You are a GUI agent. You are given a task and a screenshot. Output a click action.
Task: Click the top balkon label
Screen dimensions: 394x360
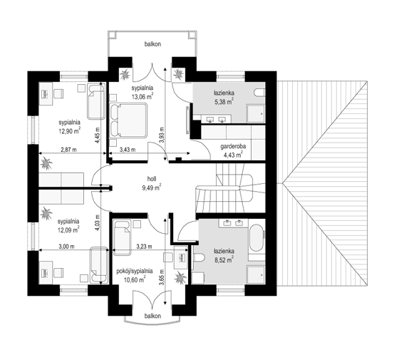click(152, 44)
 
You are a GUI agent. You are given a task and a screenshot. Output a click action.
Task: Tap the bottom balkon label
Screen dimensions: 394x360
click(152, 316)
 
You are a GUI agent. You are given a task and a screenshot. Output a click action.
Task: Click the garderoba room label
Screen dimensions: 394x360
click(233, 146)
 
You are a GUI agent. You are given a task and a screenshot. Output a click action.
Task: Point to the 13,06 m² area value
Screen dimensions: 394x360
click(142, 97)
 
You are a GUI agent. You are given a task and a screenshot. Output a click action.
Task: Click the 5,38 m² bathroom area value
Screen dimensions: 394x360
click(224, 101)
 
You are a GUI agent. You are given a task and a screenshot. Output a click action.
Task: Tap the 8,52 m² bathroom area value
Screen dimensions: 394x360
click(224, 260)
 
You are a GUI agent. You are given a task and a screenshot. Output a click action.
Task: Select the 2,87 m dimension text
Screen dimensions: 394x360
click(68, 150)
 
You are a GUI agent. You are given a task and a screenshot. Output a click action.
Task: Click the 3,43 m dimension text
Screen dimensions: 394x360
click(128, 150)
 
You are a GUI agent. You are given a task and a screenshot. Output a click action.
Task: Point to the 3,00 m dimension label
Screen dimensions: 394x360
click(66, 247)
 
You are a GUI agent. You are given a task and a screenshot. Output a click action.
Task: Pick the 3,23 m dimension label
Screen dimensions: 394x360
click(144, 247)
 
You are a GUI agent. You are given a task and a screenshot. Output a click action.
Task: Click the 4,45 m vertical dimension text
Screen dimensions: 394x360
click(98, 135)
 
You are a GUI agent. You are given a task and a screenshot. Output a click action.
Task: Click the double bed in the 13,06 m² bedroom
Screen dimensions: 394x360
click(128, 120)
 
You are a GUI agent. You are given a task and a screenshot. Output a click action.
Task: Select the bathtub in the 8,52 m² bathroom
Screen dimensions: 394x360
click(256, 237)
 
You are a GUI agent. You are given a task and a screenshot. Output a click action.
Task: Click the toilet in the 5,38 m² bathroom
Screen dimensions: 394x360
click(259, 93)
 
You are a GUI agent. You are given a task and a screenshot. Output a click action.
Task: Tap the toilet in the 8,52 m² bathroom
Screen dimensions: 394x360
click(199, 257)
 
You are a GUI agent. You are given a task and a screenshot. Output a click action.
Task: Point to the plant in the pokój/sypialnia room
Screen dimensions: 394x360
click(180, 278)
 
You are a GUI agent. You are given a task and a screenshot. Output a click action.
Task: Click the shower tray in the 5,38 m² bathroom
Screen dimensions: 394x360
click(256, 114)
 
